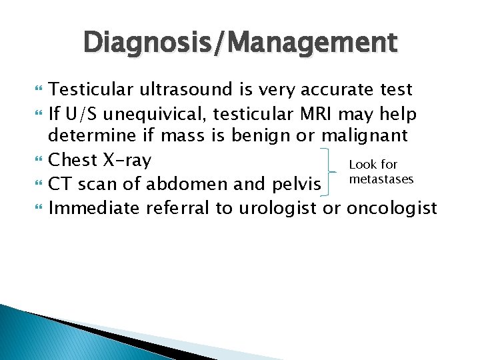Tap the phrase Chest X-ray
point(100,161)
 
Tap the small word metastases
point(381,179)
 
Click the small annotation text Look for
point(373,165)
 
